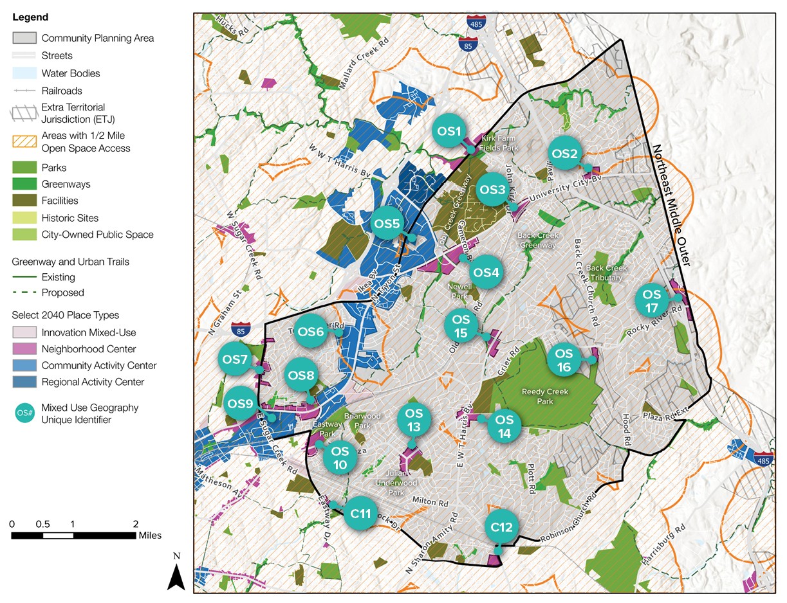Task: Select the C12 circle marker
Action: [501, 528]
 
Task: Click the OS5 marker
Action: [389, 224]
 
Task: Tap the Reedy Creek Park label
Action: [537, 397]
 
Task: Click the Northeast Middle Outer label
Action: [672, 205]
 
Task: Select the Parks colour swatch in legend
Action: [24, 168]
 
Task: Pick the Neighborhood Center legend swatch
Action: [24, 349]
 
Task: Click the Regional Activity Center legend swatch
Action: [24, 382]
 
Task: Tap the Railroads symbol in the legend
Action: [24, 91]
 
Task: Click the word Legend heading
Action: [30, 17]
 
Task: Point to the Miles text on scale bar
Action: [149, 535]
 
